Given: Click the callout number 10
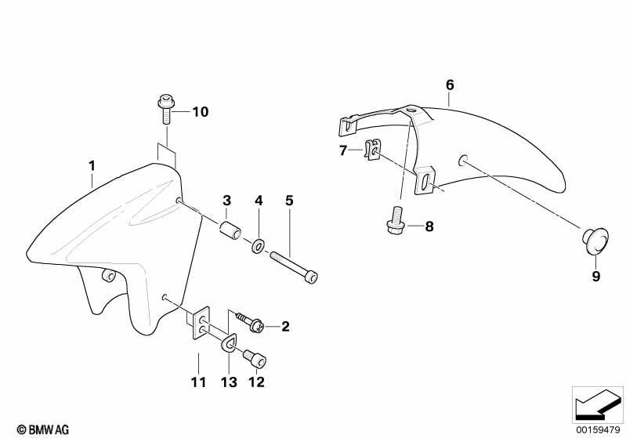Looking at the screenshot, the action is tap(201, 112).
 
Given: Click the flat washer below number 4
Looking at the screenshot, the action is tap(258, 245).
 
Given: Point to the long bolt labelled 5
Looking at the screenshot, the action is tap(294, 266).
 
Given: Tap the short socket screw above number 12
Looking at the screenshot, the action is tap(255, 359).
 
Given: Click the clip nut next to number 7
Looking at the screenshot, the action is tap(372, 150).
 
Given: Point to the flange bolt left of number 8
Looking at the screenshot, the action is tap(396, 220).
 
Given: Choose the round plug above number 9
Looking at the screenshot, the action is tap(595, 241).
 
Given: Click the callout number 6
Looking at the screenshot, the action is tap(450, 85).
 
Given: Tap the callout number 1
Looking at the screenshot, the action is tap(92, 165).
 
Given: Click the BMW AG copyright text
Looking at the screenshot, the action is tap(43, 429).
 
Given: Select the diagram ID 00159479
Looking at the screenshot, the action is tap(598, 429).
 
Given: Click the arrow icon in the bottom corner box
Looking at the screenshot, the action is tap(598, 404).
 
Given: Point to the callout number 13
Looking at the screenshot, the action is tap(229, 382).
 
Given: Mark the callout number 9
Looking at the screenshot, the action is tap(595, 277).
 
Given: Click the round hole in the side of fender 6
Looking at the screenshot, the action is tap(461, 160).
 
